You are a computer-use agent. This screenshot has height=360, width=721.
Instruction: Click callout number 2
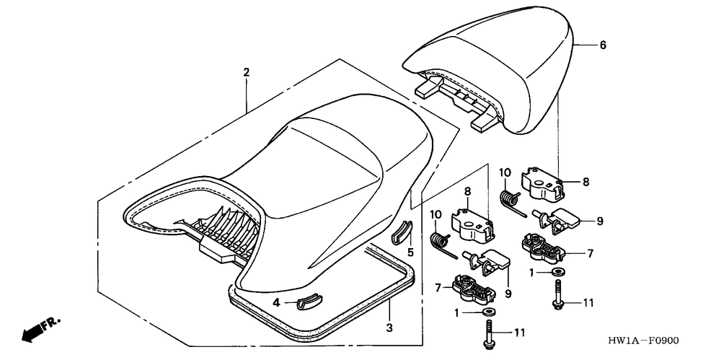[x=246, y=72]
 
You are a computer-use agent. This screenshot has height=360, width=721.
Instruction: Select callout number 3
[x=390, y=329]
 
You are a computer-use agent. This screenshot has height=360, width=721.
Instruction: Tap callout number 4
[x=276, y=302]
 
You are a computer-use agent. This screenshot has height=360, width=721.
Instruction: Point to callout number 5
[x=410, y=253]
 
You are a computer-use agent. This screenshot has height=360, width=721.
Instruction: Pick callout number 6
[x=603, y=45]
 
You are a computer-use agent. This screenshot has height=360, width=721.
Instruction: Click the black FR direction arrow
[x=32, y=332]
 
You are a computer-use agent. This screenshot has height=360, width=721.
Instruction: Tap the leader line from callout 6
[x=585, y=45]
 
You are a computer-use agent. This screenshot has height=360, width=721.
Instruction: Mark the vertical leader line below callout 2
[x=246, y=94]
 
